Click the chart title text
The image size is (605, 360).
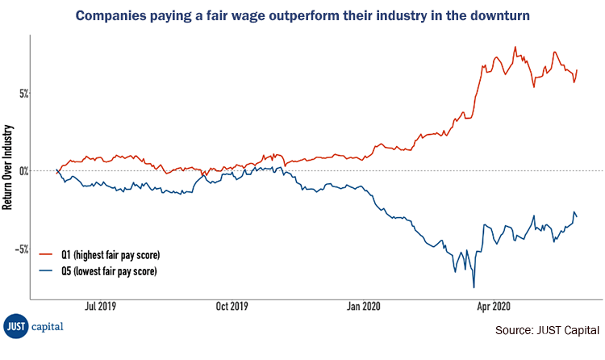coord(302,15)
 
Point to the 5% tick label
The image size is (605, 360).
coord(24,93)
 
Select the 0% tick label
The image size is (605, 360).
coord(24,171)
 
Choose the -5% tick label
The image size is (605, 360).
coord(23,249)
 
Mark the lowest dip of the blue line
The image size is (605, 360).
coord(474,287)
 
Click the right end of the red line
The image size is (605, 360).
coord(577,70)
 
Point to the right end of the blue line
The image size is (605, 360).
coord(577,216)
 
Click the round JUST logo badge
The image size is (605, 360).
coord(15,325)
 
